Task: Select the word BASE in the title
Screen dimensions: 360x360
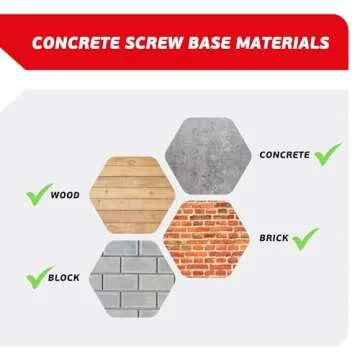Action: [215, 43]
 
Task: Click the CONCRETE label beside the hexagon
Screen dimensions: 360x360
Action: [283, 156]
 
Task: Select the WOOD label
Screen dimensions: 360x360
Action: [65, 195]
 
